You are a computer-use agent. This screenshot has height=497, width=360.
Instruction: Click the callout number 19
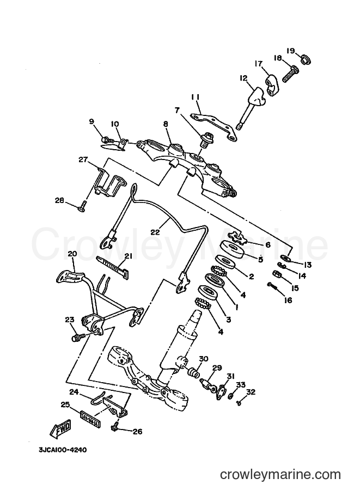click(291, 51)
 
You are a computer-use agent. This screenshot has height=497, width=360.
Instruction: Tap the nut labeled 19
click(306, 59)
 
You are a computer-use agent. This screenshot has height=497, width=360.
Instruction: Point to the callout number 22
click(155, 232)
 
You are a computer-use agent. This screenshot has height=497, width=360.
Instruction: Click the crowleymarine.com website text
click(280, 475)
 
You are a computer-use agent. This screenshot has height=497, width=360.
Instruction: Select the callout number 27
click(83, 159)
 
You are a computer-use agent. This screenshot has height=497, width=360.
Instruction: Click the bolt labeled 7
click(208, 140)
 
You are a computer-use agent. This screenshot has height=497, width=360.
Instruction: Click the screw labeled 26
click(115, 425)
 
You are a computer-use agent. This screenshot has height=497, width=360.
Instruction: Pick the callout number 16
click(288, 299)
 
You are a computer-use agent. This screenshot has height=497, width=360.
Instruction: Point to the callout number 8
click(165, 124)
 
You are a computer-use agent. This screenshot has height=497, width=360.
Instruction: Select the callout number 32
click(251, 392)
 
